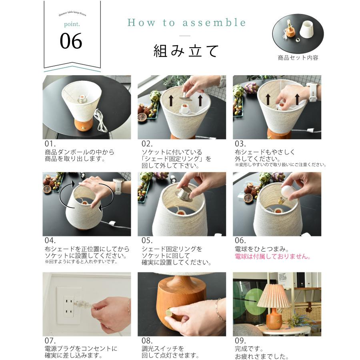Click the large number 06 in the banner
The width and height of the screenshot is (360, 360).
click(71, 41)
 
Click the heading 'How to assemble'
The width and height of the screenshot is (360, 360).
click(186, 23)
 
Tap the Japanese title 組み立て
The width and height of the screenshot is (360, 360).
click(186, 51)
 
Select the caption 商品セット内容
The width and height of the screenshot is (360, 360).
click(298, 58)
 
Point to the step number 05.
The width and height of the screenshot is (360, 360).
click(147, 240)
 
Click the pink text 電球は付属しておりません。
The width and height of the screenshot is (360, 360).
click(273, 256)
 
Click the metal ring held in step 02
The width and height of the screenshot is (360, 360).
click(185, 96)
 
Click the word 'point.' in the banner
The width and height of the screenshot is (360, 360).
click(71, 24)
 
